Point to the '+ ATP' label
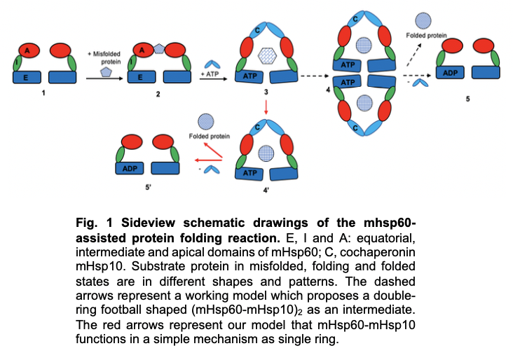(x=209, y=72)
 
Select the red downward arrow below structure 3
(x=266, y=107)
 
